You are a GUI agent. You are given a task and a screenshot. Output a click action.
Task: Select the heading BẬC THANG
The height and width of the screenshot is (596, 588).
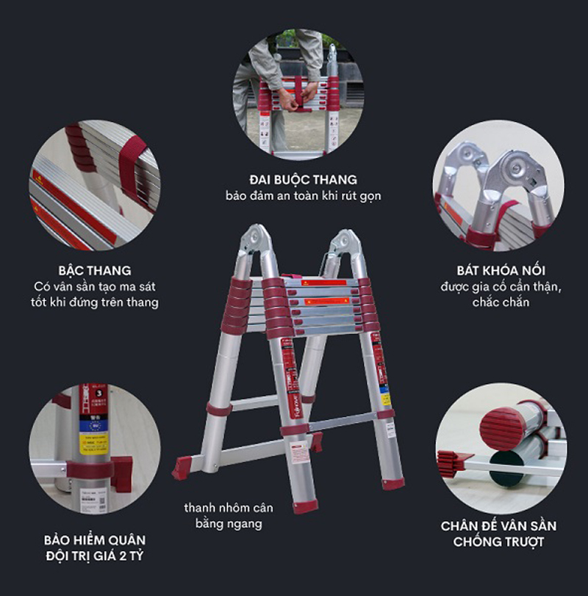point(94,270)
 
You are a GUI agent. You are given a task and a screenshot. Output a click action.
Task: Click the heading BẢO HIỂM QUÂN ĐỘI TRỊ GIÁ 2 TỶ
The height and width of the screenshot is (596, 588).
point(94,548)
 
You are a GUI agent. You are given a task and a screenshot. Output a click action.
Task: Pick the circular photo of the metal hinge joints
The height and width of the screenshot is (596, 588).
point(498,186)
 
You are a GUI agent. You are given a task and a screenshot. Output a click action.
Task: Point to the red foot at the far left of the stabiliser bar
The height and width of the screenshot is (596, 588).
point(182,468)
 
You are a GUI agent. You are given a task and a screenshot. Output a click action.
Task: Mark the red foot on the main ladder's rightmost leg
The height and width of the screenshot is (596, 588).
point(393,483)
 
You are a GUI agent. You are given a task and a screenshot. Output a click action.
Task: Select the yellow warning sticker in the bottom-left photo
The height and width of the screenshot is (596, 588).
point(93,443)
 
